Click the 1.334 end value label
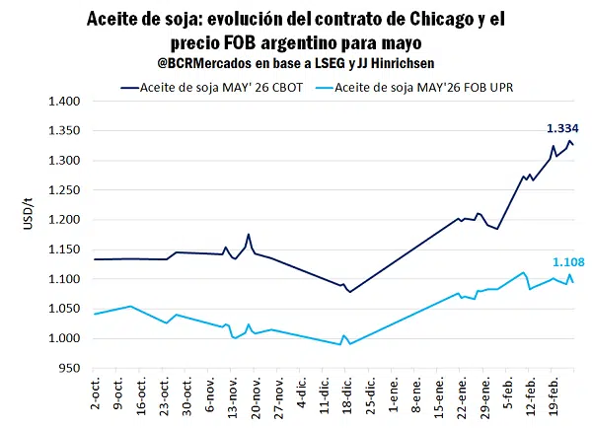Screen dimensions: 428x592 [x=561, y=128]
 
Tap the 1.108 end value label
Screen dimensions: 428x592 [x=567, y=261]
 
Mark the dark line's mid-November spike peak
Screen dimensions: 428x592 [x=249, y=235]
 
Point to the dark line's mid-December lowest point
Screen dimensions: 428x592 [x=350, y=292]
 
